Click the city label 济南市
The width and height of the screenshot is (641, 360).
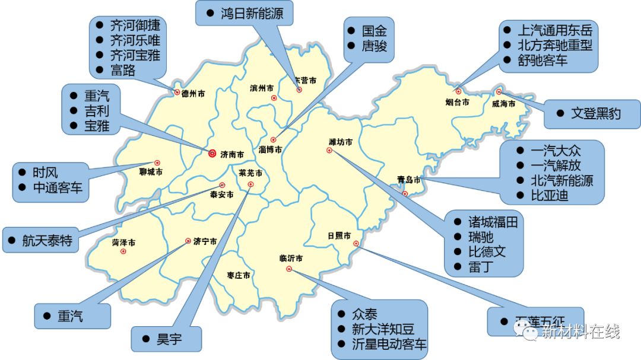pos(232,155)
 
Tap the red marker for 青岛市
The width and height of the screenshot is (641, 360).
pos(405,194)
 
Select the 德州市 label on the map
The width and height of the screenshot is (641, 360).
pos(193,93)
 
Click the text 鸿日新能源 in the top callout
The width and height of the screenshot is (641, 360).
pos(252,13)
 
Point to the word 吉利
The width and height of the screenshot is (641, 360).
pos(97,110)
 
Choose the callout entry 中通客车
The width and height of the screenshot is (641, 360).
pos(58,189)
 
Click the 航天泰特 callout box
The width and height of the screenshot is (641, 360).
pos(47,240)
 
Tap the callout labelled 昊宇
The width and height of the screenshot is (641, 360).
pos(169,339)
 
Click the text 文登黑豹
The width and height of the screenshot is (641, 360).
pos(596,113)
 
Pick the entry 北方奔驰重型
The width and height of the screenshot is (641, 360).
pos(555,45)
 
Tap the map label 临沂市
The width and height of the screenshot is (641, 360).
pos(291,259)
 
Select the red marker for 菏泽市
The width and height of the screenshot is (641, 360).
pos(123,251)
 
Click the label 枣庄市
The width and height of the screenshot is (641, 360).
pos(239,276)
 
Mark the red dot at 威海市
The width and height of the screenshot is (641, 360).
pos(499,92)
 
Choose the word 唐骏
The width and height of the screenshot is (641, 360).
pos(375,45)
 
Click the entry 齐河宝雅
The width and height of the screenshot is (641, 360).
pos(135,56)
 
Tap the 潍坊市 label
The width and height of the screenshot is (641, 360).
pos(341,142)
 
